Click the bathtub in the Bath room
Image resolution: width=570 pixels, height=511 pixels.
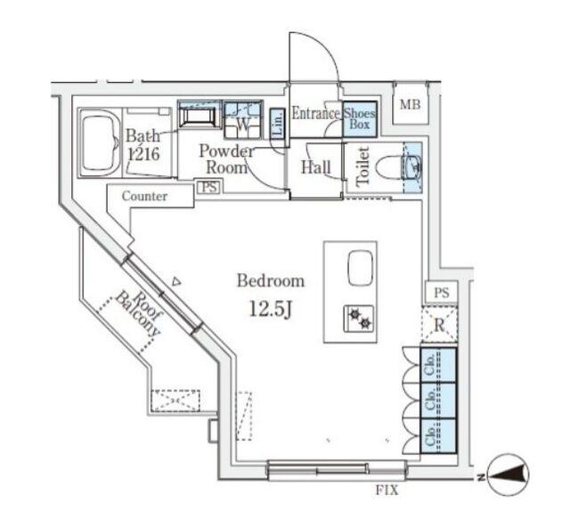coord(100,142)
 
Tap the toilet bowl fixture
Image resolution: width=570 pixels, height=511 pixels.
coord(389,167)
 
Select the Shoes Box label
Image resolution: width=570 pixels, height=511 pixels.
coord(359,118)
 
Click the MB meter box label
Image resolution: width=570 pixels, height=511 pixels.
coord(410,105)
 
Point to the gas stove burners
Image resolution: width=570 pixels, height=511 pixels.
coord(359,319)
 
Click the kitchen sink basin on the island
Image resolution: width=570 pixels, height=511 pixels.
coord(361,268)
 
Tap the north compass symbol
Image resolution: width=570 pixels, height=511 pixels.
coord(508,474)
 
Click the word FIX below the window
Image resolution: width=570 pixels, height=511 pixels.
coord(387,491)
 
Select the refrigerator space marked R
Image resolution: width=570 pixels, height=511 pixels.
coord(439,324)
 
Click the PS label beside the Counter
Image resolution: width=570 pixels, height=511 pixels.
coord(209,187)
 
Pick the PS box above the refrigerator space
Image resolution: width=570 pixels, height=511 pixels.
coord(442,292)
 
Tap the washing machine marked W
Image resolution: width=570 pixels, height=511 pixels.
coord(243,120)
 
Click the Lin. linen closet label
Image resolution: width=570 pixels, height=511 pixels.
coord(277,124)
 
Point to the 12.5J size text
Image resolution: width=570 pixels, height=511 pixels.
coord(271,309)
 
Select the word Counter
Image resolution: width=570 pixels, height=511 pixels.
coord(144,196)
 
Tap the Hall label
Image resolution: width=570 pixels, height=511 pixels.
coord(316,167)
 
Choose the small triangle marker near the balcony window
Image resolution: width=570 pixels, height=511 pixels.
coord(176,281)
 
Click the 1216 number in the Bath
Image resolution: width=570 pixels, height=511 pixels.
coord(144,154)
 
